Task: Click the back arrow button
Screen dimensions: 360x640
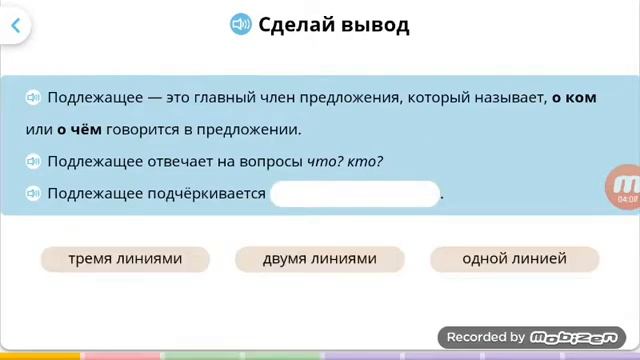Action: coord(15,26)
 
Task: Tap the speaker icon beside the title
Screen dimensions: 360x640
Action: coord(240,25)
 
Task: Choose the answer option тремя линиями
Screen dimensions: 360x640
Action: coord(125,259)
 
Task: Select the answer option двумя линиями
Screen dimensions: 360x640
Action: coord(319,259)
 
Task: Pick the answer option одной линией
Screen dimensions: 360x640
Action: coord(514,259)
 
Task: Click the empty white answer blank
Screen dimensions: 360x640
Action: coord(355,194)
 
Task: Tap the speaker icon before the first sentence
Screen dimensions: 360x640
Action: coord(33,97)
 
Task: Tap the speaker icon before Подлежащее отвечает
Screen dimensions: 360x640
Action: coord(33,161)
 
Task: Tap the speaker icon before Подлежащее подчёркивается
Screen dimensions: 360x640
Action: coord(33,194)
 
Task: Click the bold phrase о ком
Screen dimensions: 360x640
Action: coord(574,97)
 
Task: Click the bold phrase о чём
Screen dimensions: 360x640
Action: coord(79,129)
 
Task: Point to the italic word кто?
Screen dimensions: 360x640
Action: coord(365,161)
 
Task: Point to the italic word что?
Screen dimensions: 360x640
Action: coord(325,161)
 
